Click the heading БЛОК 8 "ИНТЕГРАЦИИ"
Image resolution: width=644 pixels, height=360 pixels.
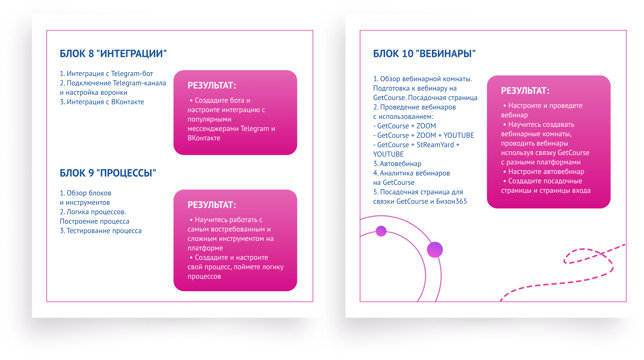113,54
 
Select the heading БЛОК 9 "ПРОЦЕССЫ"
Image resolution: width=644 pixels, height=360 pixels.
108,173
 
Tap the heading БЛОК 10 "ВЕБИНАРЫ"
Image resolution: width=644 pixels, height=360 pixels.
424,54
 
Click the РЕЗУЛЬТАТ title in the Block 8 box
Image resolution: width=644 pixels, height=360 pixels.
212,86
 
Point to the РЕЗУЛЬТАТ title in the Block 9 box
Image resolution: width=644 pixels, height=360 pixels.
212,205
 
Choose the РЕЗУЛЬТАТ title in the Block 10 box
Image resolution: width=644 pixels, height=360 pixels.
525,91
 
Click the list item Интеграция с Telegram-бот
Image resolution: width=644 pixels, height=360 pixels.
106,74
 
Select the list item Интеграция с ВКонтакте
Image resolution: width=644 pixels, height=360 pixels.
102,102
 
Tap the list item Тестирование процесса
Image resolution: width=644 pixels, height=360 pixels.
101,231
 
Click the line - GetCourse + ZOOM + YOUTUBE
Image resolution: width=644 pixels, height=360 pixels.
424,135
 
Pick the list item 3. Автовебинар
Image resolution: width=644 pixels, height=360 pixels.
397,164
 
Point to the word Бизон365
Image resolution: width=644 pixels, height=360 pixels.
451,201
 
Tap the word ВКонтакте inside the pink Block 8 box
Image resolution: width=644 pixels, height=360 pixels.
204,138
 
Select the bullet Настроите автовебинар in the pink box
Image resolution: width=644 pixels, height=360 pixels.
544,172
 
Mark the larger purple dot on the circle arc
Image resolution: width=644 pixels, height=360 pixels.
435,250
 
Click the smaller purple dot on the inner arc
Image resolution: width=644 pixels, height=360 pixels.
381,231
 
